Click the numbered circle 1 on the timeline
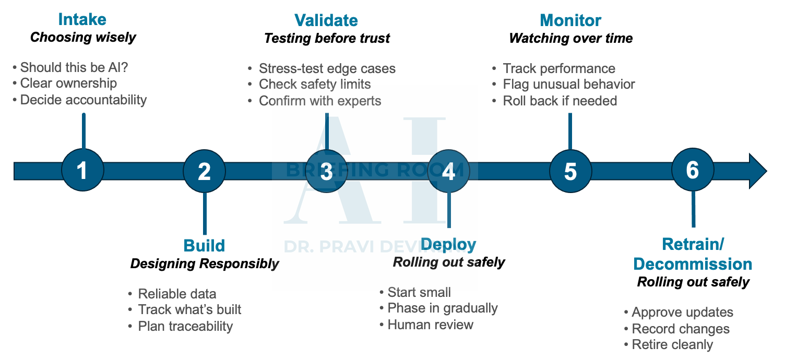pyautogui.click(x=82, y=171)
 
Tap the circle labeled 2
pyautogui.click(x=204, y=171)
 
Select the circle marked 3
pyautogui.click(x=326, y=171)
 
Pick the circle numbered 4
pyautogui.click(x=448, y=171)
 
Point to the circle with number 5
pyautogui.click(x=570, y=171)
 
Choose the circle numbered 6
pyautogui.click(x=693, y=171)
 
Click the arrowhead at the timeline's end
pyautogui.click(x=758, y=171)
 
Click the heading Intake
pyautogui.click(x=82, y=20)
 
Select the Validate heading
pyautogui.click(x=326, y=21)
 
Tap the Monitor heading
pyautogui.click(x=570, y=21)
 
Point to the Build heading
pyautogui.click(x=204, y=246)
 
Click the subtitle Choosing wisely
pyautogui.click(x=83, y=38)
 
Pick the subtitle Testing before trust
pyautogui.click(x=327, y=39)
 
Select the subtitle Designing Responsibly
pyautogui.click(x=205, y=264)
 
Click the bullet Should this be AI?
pyautogui.click(x=74, y=67)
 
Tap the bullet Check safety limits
pyautogui.click(x=315, y=85)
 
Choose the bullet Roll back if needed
pyautogui.click(x=560, y=101)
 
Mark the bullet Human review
pyautogui.click(x=430, y=325)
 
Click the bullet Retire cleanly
pyautogui.click(x=672, y=345)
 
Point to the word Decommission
pyautogui.click(x=693, y=264)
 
